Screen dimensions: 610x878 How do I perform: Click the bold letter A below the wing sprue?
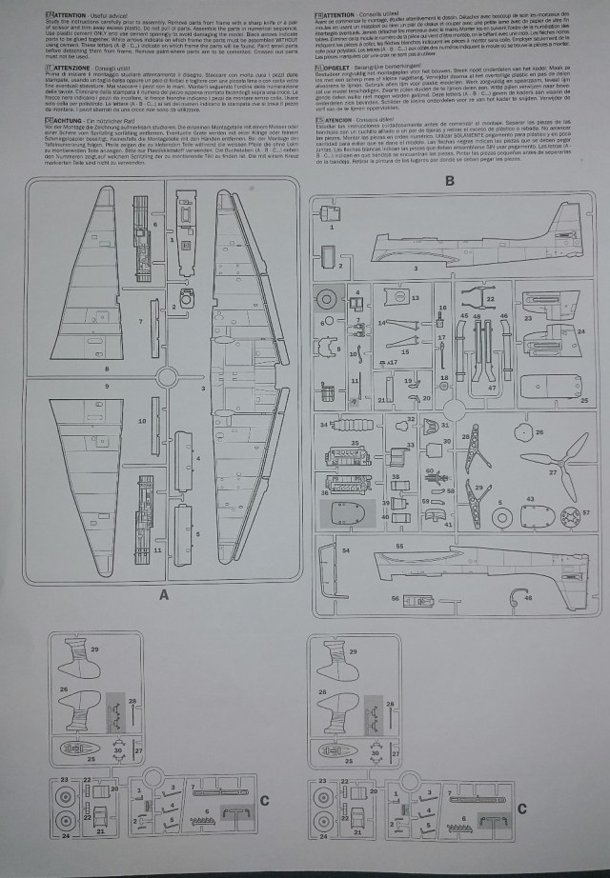click(x=164, y=595)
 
